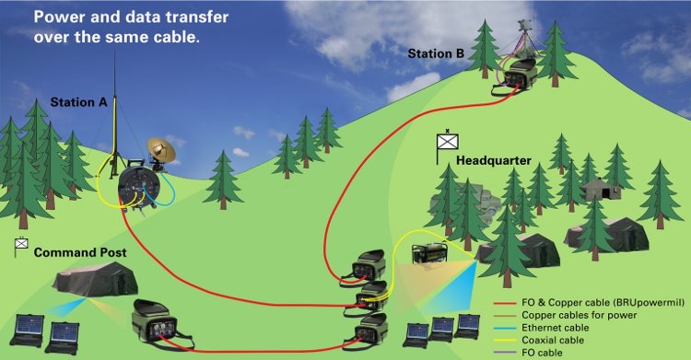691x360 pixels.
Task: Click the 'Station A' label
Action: pyautogui.click(x=78, y=102)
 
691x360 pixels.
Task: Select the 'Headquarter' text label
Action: pyautogui.click(x=494, y=160)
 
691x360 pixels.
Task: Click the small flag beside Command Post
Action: pyautogui.click(x=20, y=245)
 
